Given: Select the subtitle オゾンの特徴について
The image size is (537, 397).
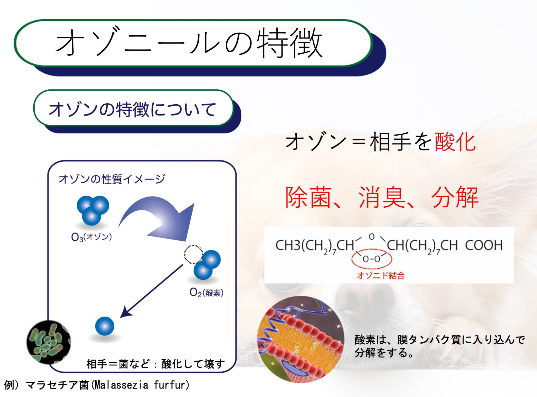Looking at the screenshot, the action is (132, 109).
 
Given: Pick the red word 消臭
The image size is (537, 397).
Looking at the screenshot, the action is (382, 197).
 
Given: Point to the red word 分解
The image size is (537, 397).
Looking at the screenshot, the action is (455, 197).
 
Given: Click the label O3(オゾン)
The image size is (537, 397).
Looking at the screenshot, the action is (91, 237).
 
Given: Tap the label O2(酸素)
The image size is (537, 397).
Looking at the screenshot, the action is (206, 293).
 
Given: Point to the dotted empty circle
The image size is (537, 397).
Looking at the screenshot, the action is (193, 254).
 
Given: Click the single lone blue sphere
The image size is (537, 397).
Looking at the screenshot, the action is (105, 326).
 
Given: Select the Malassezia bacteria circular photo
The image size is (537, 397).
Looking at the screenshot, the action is (49, 342).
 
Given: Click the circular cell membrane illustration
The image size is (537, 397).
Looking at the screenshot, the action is (300, 339).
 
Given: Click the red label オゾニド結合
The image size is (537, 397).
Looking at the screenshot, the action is (381, 276).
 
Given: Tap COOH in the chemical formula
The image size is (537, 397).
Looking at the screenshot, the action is (484, 245).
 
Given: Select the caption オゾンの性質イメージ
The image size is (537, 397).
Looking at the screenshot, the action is (112, 179).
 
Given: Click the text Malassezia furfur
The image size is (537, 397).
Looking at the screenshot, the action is (141, 385).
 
